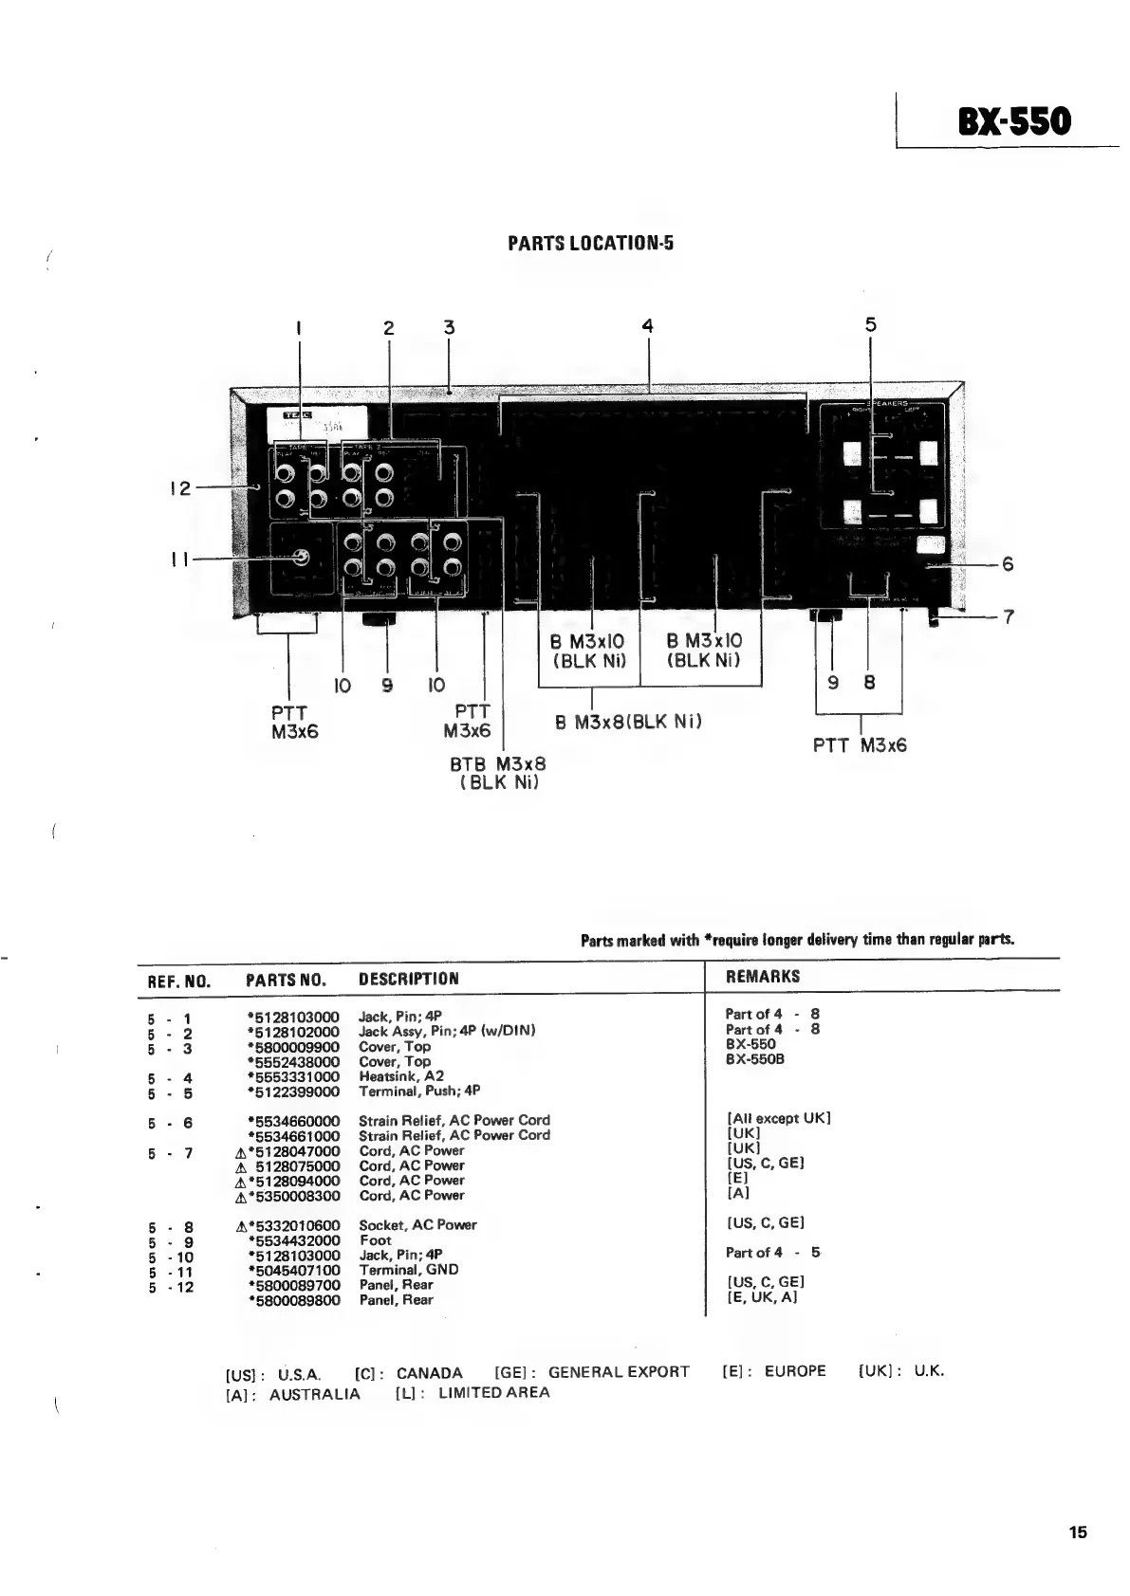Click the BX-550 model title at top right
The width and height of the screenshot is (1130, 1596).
point(1014,123)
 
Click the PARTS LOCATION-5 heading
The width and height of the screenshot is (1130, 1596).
point(590,244)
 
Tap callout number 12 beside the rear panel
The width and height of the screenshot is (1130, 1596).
point(179,488)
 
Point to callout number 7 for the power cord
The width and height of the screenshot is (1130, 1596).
point(1009,617)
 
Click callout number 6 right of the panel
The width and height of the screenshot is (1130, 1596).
point(1008,564)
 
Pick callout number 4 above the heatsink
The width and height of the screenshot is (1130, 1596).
point(647,326)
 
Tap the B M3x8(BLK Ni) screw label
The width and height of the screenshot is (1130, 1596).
point(628,723)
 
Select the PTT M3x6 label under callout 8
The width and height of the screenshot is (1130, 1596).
point(860,745)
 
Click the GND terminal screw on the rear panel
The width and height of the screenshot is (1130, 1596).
point(301,558)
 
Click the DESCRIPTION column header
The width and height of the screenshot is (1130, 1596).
point(408,979)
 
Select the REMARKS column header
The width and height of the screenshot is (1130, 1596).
point(762,976)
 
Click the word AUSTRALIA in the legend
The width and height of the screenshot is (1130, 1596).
point(314,1395)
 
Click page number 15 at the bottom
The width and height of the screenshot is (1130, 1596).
point(1077,1532)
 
